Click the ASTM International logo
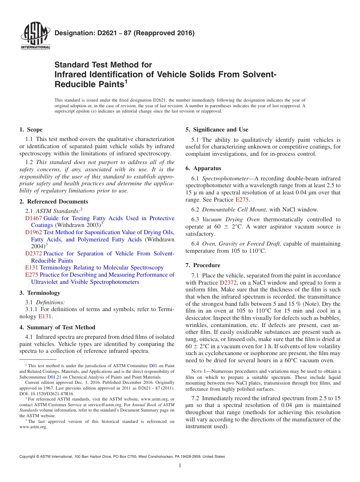pyautogui.click(x=35, y=36)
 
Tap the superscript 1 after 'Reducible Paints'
pyautogui.click(x=127, y=81)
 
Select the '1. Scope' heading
pyautogui.click(x=31, y=130)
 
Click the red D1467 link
pyautogui.click(x=33, y=218)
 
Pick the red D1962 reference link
pyautogui.click(x=33, y=232)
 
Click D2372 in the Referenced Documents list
pyautogui.click(x=33, y=254)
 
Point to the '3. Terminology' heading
pyautogui.click(x=40, y=293)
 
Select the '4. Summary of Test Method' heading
pyautogui.click(x=57, y=327)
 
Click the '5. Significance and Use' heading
pyautogui.click(x=217, y=130)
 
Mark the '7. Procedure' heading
pyautogui.click(x=203, y=265)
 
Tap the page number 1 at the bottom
pyautogui.click(x=180, y=466)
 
